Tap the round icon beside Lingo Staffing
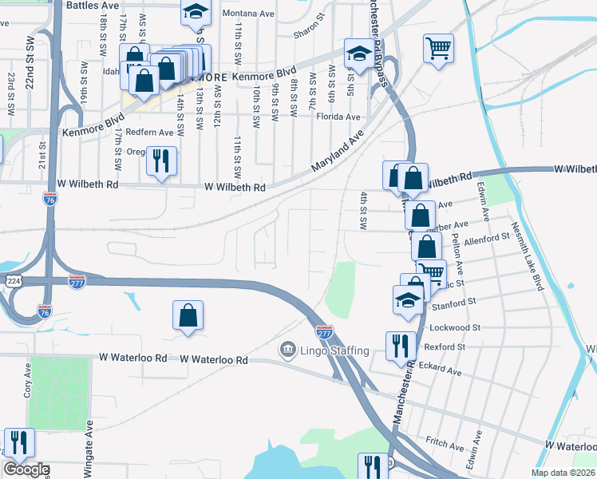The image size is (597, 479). point(287,350)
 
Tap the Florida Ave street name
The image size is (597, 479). point(338,117)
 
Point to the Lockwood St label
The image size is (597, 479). point(455,327)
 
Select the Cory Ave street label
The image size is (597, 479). point(27,378)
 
